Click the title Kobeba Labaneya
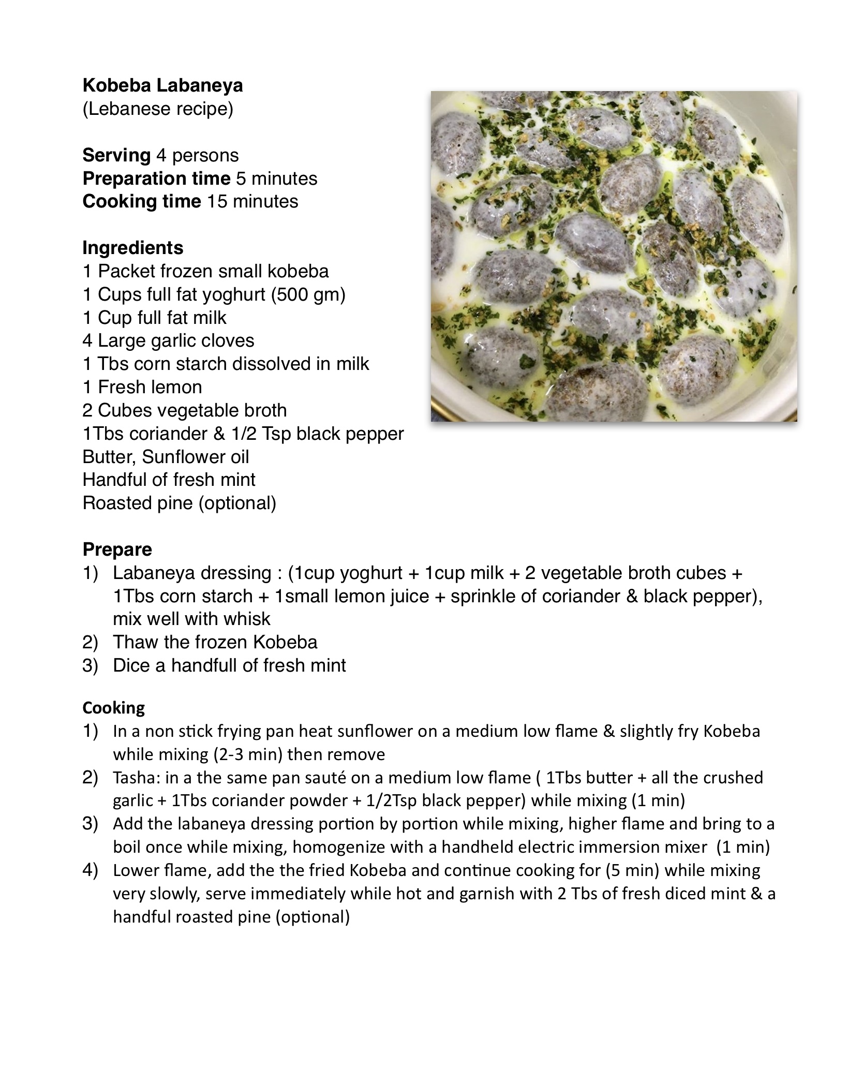pyautogui.click(x=162, y=85)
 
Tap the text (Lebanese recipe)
pyautogui.click(x=158, y=109)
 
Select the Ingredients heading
pyautogui.click(x=132, y=248)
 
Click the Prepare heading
pyautogui.click(x=117, y=549)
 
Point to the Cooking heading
pyautogui.click(x=113, y=707)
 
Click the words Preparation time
pyautogui.click(x=156, y=179)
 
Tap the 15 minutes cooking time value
pyautogui.click(x=252, y=201)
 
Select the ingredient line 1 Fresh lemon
pyautogui.click(x=142, y=387)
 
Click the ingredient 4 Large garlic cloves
pyautogui.click(x=168, y=340)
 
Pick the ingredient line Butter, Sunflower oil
pyautogui.click(x=166, y=457)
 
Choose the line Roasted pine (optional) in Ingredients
pyautogui.click(x=179, y=503)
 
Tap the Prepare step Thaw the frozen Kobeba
pyautogui.click(x=215, y=642)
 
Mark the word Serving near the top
pyautogui.click(x=116, y=155)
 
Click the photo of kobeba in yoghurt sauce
pyautogui.click(x=614, y=256)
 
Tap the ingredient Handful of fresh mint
pyautogui.click(x=169, y=480)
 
